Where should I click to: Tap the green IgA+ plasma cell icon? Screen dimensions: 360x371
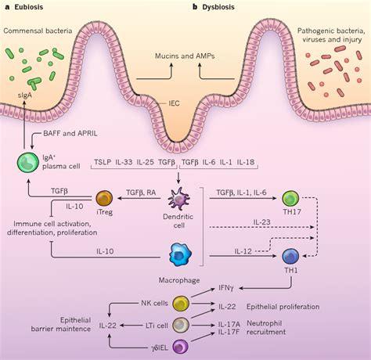pyautogui.click(x=27, y=164)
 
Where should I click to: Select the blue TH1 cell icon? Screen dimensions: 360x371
pyautogui.click(x=290, y=256)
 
